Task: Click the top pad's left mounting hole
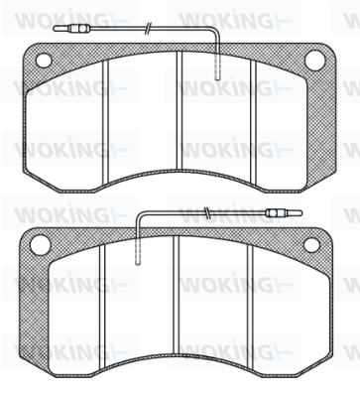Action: pos(44,61)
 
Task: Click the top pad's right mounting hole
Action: pos(314,61)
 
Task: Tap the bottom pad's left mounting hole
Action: pos(40,245)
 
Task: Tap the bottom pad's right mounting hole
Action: pos(311,245)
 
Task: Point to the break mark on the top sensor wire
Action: pos(149,29)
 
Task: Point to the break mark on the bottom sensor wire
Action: pos(207,213)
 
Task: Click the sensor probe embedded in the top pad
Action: pos(218,66)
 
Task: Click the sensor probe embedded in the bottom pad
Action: pos(139,251)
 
